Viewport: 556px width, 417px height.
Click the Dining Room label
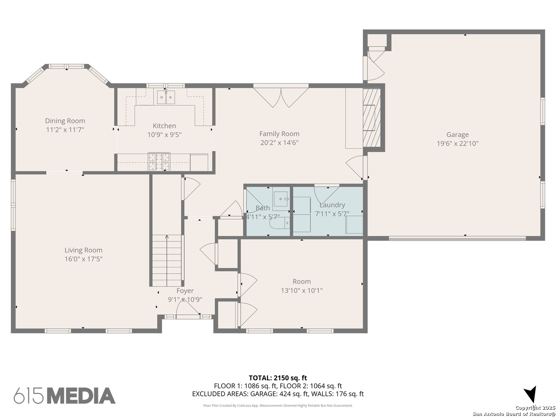coord(65,121)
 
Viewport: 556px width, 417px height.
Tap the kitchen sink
coord(166,97)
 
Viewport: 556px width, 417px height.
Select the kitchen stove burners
coord(159,161)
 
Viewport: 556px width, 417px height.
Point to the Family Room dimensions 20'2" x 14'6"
coord(279,142)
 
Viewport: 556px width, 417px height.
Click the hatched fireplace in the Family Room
coord(371,117)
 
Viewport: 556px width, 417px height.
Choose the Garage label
coord(457,134)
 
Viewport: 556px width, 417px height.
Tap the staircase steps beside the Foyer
coord(167,261)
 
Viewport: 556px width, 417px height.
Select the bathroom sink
coord(281,199)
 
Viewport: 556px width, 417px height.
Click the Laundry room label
coord(332,205)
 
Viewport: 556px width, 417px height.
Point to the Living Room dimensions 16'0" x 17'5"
coord(83,259)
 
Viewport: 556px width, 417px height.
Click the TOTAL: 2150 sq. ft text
coord(278,378)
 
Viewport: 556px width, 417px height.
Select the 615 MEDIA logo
coord(64,395)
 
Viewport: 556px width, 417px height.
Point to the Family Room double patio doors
coord(281,97)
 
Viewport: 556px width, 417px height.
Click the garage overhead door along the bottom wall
coord(457,238)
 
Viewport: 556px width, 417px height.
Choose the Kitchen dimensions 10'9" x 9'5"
coord(164,135)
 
